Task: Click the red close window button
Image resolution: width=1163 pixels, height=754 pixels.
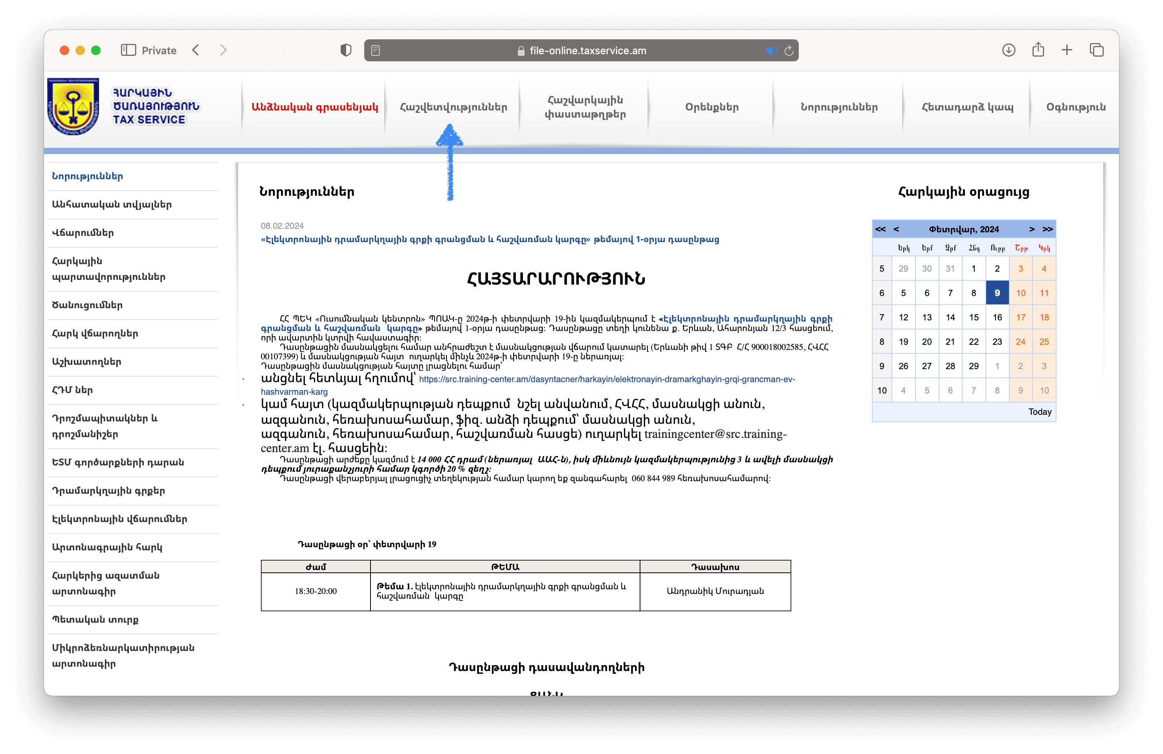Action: (x=64, y=50)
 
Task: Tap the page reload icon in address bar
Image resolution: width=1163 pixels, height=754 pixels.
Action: (x=788, y=51)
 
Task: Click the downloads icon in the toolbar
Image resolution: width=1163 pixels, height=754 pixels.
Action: (x=1009, y=50)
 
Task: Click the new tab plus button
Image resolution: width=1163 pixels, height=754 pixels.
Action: (x=1067, y=50)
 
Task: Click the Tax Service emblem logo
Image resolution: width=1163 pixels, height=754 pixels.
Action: (x=73, y=106)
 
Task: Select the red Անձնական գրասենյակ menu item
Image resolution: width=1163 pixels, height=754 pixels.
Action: (x=315, y=107)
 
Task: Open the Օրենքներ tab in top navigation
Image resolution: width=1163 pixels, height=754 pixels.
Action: (x=712, y=107)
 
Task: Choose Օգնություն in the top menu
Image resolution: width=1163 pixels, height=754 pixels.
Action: (x=1075, y=107)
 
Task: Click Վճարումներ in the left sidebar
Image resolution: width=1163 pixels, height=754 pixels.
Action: (x=83, y=233)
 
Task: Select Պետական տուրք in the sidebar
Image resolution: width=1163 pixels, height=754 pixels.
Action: (x=95, y=620)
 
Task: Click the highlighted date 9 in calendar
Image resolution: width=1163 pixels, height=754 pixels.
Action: (x=997, y=293)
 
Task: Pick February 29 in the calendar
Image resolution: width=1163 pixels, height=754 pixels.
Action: (x=973, y=366)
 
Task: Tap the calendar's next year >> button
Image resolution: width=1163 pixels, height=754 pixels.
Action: (x=1047, y=229)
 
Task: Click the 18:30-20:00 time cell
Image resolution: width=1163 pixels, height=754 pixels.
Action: (x=316, y=591)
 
